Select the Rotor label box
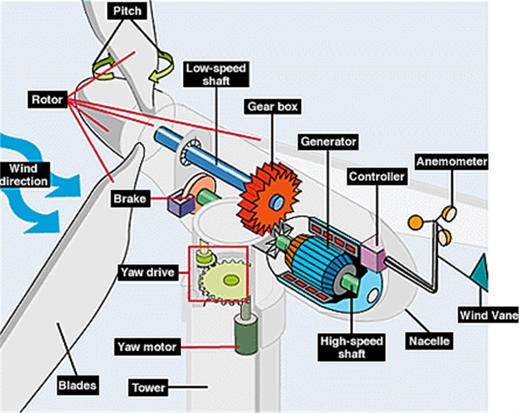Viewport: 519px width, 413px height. point(47,99)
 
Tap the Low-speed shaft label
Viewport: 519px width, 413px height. point(208,75)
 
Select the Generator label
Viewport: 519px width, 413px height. point(328,141)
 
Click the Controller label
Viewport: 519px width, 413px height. point(377,176)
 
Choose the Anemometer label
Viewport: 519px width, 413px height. point(452,161)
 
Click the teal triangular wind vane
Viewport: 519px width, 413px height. point(480,272)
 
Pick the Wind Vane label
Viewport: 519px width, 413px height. point(488,316)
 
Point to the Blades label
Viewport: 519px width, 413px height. point(77,385)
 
